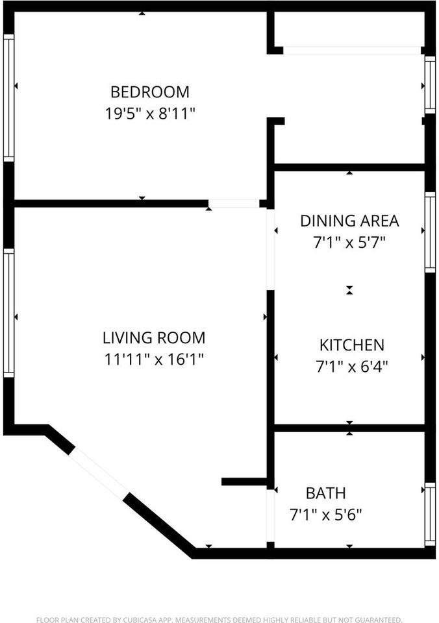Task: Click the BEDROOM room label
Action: coord(150,92)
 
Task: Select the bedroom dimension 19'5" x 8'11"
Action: coord(150,114)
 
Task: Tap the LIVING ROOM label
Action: coord(154,337)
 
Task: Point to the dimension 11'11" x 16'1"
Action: coord(154,359)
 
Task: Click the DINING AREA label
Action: coord(349,221)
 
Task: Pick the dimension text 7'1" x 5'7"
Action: coord(349,243)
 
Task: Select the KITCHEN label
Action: coord(351,345)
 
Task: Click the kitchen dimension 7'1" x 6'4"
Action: coord(351,367)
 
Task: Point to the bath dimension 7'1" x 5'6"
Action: coord(325,515)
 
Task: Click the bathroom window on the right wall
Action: coord(429,514)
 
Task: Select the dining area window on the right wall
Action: coord(429,232)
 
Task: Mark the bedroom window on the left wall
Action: coord(8,97)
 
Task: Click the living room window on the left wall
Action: coord(8,313)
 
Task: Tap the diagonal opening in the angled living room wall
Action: coord(99,473)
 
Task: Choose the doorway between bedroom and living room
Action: coord(234,204)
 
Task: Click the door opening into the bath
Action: coord(271,516)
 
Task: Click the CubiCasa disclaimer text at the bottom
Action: coord(219,620)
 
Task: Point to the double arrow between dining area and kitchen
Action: coord(349,290)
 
